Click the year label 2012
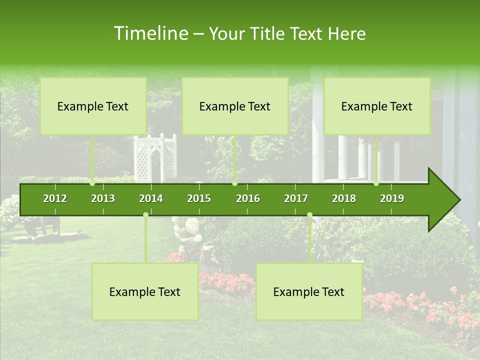coord(55,198)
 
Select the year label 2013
coord(103,198)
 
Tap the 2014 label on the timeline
coord(151,198)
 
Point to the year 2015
coord(199,198)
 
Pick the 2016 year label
coord(248,198)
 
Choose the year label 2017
coord(296,198)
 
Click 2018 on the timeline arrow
coord(344,198)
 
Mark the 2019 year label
coord(392,198)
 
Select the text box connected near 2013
coord(93,106)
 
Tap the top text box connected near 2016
coord(235,106)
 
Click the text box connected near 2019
coord(377,106)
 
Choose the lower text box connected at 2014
coord(145,292)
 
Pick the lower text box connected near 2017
coord(309,292)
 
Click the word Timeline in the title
coord(150,33)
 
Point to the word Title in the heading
coord(267,33)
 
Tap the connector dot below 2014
coord(145,215)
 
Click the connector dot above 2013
coord(92,183)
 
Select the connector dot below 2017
coord(309,215)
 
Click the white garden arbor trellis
coord(155,157)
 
